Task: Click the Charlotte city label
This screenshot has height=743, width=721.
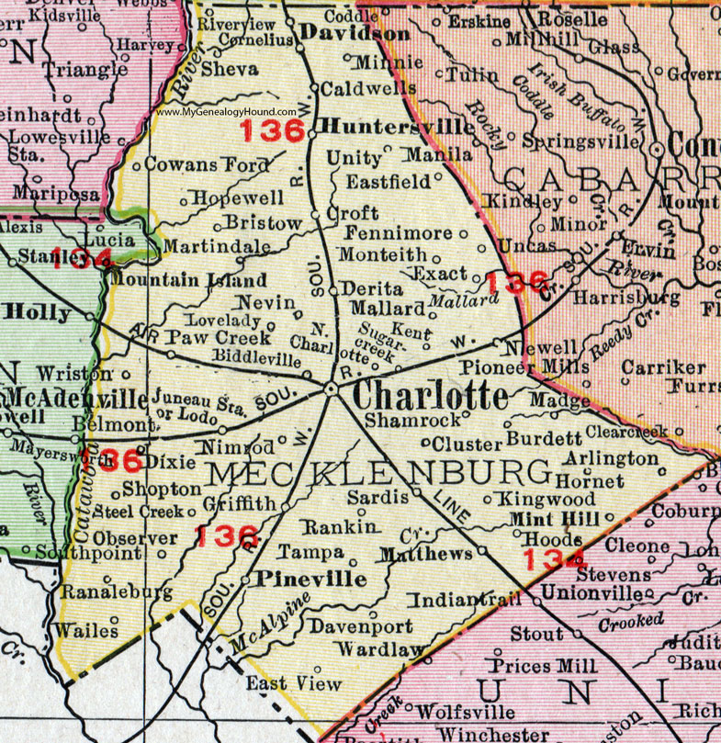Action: pos(430,396)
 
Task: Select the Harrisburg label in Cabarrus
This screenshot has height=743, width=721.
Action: pos(625,298)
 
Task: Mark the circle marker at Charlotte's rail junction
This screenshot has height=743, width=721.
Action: pos(331,390)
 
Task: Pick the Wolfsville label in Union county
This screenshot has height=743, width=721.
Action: pos(465,711)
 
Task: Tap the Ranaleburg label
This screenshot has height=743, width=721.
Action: pos(105,592)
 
